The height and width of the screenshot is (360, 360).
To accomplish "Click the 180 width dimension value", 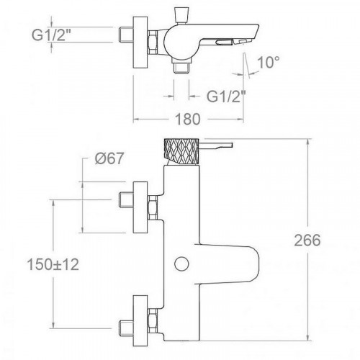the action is click(188, 120).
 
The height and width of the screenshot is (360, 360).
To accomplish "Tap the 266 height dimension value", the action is click(307, 240).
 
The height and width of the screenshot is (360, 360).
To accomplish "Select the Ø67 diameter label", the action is click(109, 158).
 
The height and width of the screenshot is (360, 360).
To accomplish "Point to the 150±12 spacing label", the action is click(53, 264).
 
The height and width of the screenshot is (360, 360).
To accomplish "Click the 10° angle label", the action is click(269, 62).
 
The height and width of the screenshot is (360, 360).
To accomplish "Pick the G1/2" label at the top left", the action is click(52, 35).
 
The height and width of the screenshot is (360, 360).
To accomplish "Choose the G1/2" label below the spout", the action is click(227, 96).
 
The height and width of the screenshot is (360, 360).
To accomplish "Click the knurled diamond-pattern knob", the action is click(181, 151).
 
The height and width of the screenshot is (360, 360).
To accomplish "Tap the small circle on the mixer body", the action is click(181, 264).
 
